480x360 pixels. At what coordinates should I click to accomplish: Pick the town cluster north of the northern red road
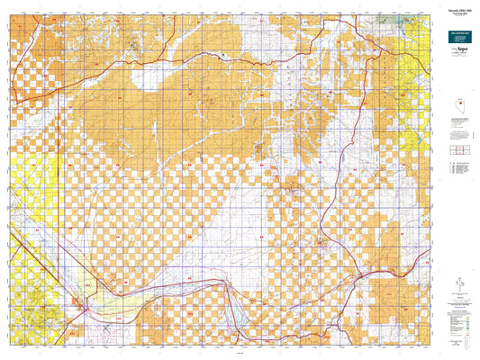click(x=135, y=43)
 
